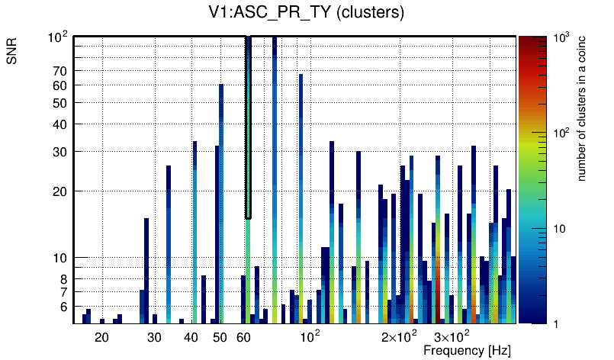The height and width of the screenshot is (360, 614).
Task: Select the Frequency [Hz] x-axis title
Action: point(467,350)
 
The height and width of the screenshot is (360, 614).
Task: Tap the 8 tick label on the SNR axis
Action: point(64,279)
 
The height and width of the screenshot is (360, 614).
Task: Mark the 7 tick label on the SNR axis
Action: point(64,292)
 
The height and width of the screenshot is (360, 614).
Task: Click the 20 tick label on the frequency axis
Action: point(101,336)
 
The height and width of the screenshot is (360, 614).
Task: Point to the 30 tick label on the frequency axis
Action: point(154,336)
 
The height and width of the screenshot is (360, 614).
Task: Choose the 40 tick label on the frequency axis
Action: point(191,336)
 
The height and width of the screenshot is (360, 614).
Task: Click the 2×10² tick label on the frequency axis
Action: point(397,336)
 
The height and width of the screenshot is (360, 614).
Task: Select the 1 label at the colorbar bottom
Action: point(555,323)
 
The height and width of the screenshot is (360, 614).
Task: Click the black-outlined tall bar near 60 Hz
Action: point(248,126)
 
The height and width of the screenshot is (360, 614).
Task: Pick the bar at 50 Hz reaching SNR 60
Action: point(221,198)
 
